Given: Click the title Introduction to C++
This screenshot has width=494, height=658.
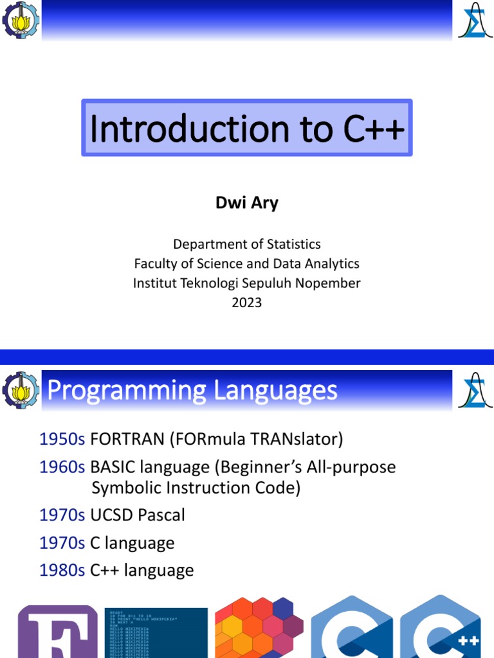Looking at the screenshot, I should coord(247,129).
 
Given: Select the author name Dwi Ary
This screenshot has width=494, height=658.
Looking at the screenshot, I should coord(247,204).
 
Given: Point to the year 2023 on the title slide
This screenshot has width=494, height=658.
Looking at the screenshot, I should coord(247,303).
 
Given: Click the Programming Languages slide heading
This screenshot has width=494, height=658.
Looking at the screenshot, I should coord(192,390).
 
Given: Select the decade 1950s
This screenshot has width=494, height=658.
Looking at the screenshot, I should coord(62,439).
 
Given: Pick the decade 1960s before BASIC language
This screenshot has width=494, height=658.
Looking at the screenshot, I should coord(62,467).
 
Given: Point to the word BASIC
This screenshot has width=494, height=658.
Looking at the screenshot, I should coord(113,467).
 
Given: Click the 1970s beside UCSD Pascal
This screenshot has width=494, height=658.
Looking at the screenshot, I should coord(62,515).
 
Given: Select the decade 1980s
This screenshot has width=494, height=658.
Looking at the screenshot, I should coord(62,570).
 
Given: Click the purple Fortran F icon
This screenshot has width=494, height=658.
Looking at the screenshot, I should coord(58,633).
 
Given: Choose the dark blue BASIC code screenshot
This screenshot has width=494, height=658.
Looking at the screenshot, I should coord(156,633).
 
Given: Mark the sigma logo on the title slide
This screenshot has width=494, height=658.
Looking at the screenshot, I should coord(475,21).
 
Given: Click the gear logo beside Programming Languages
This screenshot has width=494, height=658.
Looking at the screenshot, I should coord(21,389).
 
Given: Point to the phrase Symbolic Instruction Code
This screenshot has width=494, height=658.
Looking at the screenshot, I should coord(196,488).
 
